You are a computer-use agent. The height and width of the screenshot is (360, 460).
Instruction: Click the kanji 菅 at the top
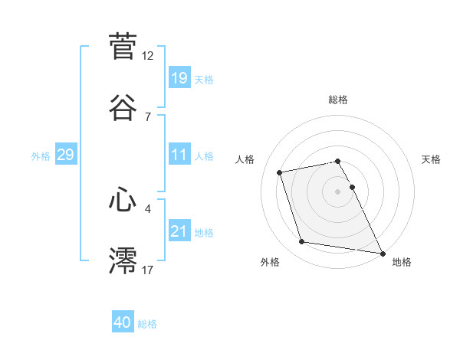point(123,47)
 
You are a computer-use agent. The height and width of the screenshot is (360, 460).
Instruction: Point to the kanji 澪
point(123,260)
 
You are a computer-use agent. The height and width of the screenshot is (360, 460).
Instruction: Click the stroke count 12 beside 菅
point(148,56)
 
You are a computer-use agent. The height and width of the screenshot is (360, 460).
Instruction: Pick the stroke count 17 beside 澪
point(148,270)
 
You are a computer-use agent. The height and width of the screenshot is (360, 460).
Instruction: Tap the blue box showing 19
point(179,77)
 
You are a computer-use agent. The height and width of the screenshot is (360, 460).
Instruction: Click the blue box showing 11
point(179,154)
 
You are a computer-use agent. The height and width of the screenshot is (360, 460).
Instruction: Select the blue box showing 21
point(179,231)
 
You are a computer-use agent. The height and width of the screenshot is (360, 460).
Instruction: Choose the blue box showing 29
point(65,155)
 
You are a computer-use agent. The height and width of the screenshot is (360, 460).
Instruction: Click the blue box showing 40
point(123,322)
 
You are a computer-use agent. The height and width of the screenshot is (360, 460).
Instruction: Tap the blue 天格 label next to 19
point(204,80)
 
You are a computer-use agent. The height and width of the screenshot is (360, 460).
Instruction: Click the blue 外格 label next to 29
point(41,156)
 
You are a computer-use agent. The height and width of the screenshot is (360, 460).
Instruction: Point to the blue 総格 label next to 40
point(147,324)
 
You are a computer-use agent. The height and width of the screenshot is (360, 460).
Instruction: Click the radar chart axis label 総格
point(338,100)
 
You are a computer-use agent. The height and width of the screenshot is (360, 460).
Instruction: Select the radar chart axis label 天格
point(431,159)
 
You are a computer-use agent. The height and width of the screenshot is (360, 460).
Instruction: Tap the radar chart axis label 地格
point(402,262)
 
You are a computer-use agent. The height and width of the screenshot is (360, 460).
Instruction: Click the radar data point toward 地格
point(381,252)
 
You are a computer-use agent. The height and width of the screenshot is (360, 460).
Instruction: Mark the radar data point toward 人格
point(280,172)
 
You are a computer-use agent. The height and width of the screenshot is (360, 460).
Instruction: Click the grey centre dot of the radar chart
point(338,191)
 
